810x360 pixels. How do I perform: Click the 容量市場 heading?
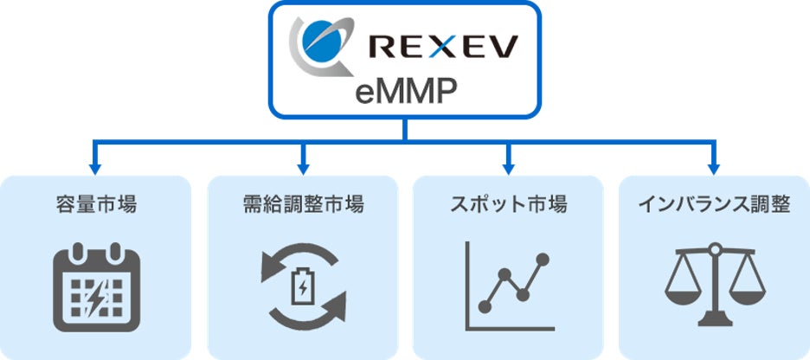tap(95, 205)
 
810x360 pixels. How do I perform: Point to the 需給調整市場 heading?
tap(303, 205)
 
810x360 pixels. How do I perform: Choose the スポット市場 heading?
tap(509, 205)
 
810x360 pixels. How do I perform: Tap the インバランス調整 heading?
tap(714, 205)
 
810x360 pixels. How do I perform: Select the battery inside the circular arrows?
tap(303, 286)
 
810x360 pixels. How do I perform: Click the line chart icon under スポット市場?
tap(509, 286)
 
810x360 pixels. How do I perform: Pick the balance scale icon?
tap(714, 286)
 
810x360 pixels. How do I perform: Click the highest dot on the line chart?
tap(543, 259)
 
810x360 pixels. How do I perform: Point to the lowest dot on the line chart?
tap(485, 306)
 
